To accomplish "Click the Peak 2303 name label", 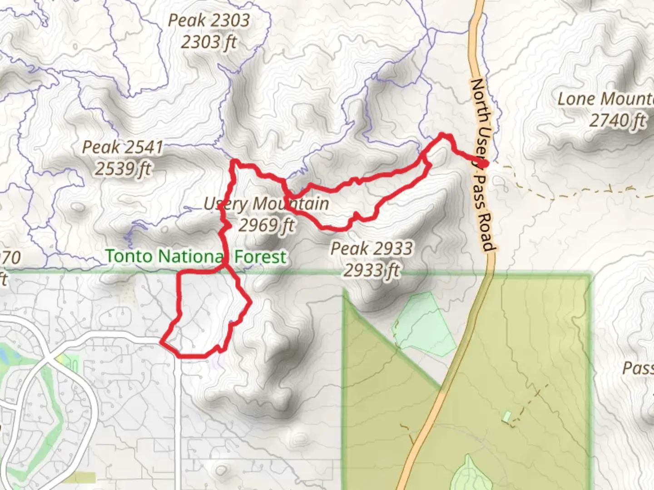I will click(208, 20).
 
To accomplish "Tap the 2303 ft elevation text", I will click(208, 42).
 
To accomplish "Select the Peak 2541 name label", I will click(122, 147).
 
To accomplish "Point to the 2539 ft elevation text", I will click(122, 169).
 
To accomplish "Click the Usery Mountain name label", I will click(266, 204).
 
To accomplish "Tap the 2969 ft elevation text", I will click(266, 225).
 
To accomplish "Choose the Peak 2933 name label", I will click(372, 249).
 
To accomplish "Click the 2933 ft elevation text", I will click(372, 270).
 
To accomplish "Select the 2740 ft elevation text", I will click(617, 121).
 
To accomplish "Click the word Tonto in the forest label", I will click(129, 256).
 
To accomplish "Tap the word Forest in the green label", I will click(260, 257).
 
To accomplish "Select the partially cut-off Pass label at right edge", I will click(638, 368).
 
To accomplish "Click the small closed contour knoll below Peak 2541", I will click(78, 207).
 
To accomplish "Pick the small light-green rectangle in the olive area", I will click(506, 416).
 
